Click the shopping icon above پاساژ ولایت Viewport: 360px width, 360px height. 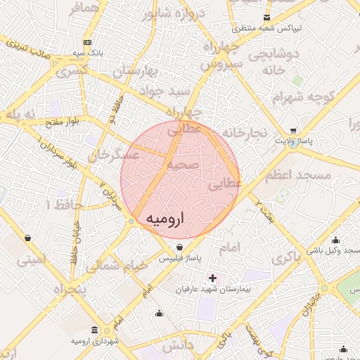click(x=292, y=131)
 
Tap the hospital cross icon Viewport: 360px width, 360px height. click(x=213, y=278)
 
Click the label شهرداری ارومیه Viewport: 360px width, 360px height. click(x=95, y=341)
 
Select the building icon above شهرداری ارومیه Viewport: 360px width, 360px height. click(x=95, y=330)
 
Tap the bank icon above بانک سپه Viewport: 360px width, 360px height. click(x=86, y=42)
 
